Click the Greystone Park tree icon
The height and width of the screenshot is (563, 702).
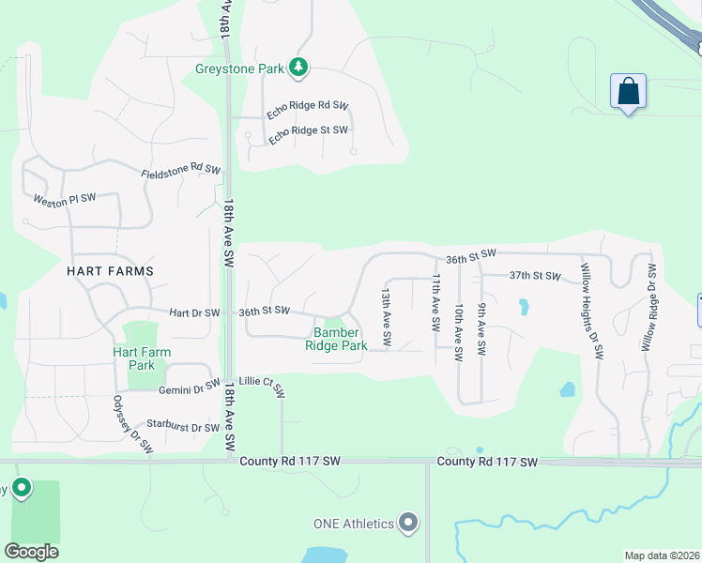coord(298,67)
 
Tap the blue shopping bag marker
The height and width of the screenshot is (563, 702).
coord(628,92)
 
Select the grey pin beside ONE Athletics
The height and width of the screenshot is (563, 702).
coord(407,523)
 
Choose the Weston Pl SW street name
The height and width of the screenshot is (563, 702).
coord(65,199)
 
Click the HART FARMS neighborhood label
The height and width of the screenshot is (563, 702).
coord(110,270)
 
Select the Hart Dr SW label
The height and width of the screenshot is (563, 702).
coord(194,312)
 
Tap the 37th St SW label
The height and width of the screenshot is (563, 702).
coord(534,276)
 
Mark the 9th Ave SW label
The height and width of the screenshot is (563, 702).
coord(481,327)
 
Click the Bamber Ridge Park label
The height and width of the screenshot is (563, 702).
coord(336,339)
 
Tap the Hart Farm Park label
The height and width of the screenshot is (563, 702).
coord(142,358)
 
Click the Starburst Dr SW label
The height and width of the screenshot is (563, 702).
coord(182,427)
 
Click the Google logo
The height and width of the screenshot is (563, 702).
coord(31,552)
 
